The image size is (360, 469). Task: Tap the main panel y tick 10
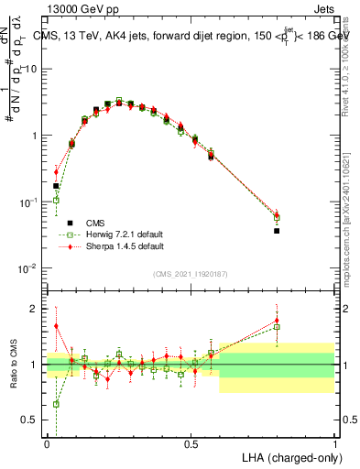[x=33, y=69]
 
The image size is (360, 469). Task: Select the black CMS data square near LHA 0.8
[x=277, y=231]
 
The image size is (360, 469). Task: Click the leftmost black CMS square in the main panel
[x=56, y=186]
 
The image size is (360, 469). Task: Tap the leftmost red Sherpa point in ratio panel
[x=56, y=325]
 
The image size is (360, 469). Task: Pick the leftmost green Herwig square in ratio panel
[x=56, y=404]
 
